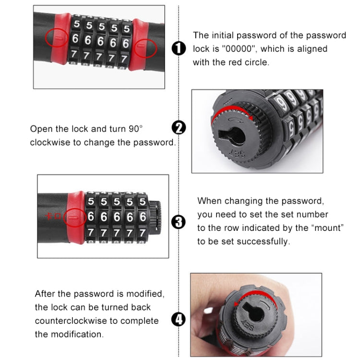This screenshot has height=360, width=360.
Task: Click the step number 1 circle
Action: click(179, 49)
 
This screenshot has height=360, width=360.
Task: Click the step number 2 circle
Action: click(179, 128)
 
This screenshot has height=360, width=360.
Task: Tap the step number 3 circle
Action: click(179, 221)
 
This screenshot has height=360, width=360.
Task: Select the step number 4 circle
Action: click(179, 319)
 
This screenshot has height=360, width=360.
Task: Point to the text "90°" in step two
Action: click(134, 129)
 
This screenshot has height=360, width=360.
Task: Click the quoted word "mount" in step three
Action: click(327, 228)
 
